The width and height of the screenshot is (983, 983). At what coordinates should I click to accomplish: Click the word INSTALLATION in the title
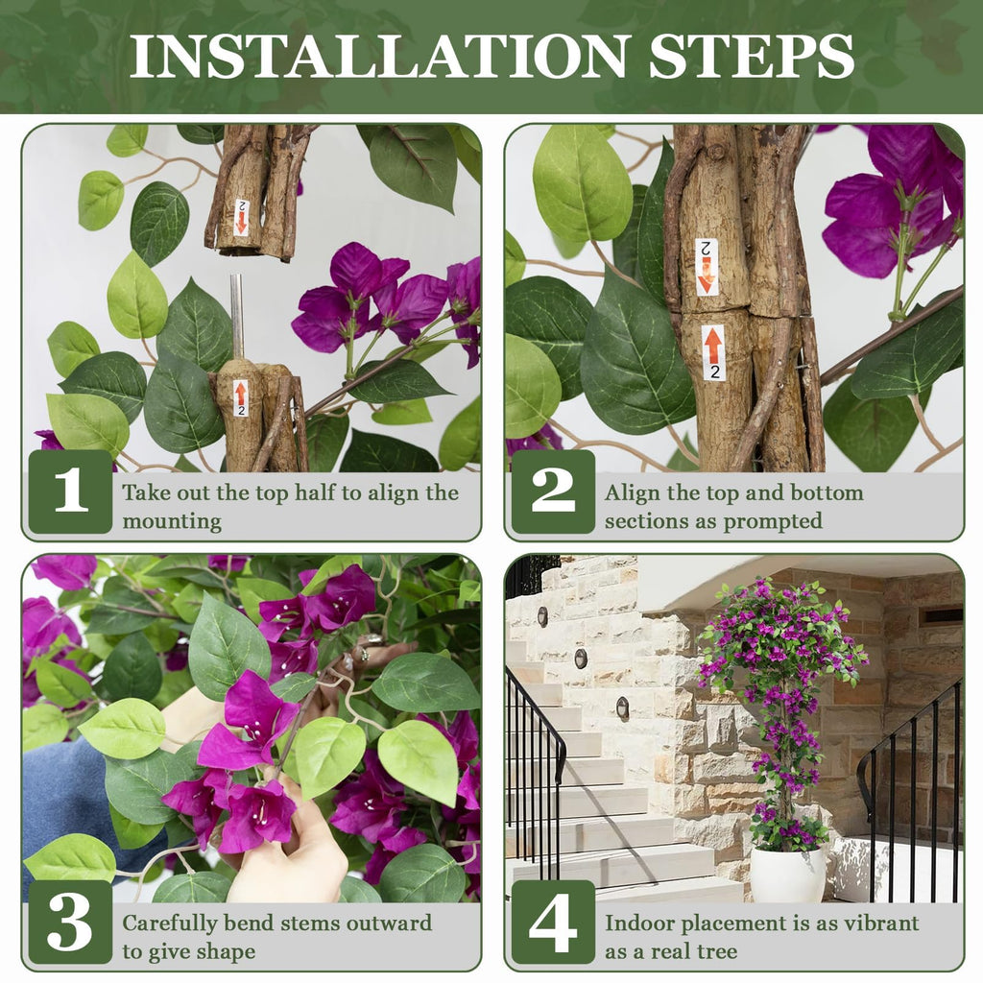tap(380, 57)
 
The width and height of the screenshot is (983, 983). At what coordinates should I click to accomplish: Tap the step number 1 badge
tap(70, 491)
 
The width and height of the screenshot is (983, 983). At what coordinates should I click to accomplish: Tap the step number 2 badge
tap(553, 491)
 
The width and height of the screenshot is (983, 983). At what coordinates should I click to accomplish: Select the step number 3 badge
tap(70, 922)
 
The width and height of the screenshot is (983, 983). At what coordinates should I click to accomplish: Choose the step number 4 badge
tap(553, 922)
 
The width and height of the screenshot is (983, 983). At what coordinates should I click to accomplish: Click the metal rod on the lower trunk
tap(237, 317)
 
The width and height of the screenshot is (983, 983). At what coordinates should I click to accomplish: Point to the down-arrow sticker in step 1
tap(241, 217)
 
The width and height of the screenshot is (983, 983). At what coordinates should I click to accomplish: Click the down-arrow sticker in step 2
tap(706, 267)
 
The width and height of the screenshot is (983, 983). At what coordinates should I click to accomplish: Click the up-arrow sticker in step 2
tap(713, 352)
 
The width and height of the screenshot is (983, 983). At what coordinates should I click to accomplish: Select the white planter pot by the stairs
tap(788, 874)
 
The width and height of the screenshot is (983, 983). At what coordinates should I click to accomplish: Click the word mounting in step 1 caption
tap(172, 521)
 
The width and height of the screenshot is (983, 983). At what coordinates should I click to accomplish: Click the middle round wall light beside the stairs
tap(582, 659)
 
